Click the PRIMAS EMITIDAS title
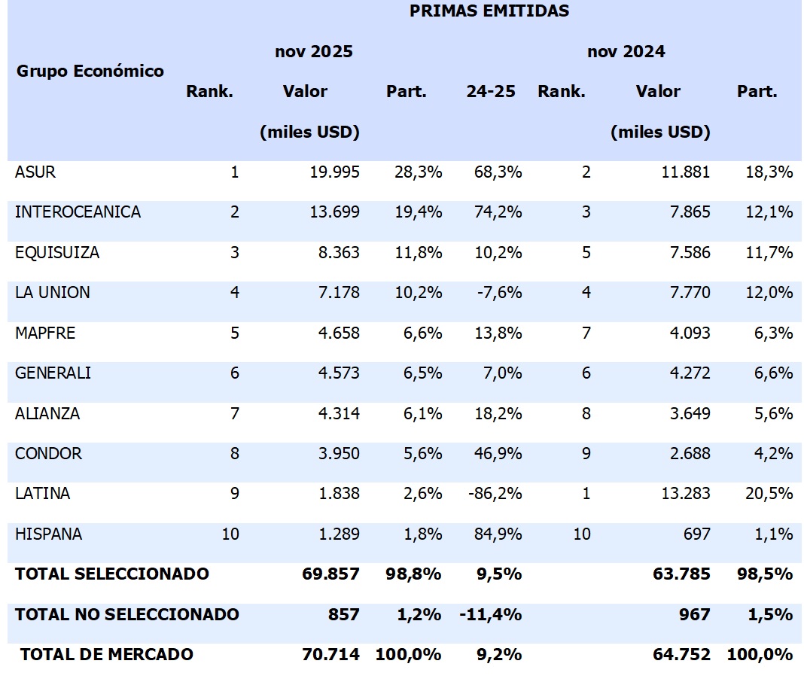coord(489,11)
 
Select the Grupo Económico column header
coord(90,72)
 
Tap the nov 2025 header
coord(314,52)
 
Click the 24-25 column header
coord(491,92)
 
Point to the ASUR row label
coord(35,172)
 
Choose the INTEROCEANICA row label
coord(78,212)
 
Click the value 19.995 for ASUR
coord(335,172)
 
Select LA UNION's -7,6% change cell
coord(499,293)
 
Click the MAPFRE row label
coord(45,333)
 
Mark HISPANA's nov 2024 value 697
coord(697,534)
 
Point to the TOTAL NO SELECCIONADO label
coord(126,614)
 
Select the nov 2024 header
coord(626,52)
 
